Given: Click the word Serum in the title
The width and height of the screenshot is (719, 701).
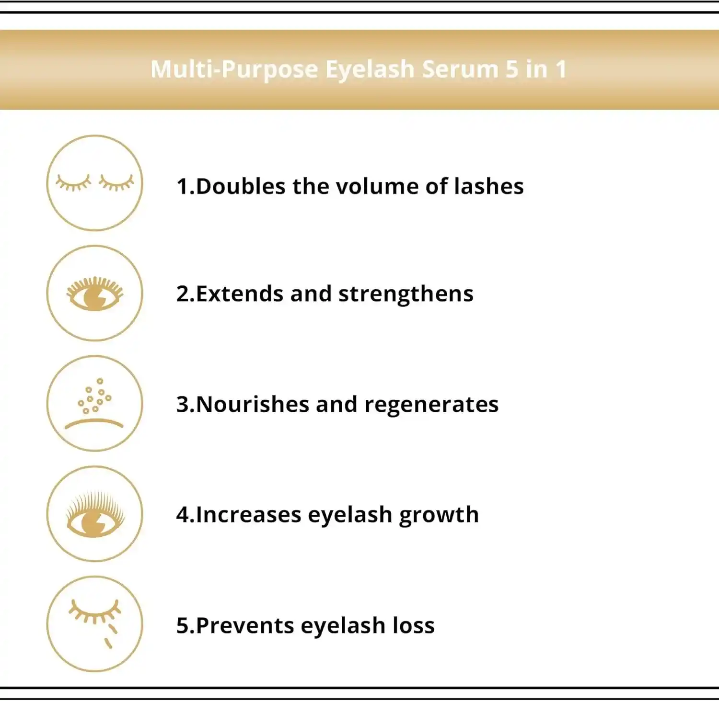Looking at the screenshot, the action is point(461,69).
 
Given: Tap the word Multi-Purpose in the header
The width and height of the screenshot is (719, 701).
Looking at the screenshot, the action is point(234,70).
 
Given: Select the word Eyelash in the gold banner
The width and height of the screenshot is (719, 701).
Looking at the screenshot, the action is point(370,70).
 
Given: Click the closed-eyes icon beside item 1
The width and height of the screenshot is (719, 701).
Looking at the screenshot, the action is point(95,183).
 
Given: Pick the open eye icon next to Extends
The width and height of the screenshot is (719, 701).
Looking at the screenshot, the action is point(95,293).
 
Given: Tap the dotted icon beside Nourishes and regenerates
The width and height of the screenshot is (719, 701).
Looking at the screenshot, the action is point(95,403).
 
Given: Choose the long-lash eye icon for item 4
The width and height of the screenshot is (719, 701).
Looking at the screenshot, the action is point(95,513).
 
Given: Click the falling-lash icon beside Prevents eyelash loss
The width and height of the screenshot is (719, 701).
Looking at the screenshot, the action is point(95,624).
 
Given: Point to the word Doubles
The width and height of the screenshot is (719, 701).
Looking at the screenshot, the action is point(241,186).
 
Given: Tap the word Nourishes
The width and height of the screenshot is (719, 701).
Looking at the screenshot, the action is point(253,404).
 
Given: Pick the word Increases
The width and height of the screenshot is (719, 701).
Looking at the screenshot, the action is point(248,515).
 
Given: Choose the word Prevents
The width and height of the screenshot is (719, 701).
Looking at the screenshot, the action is point(245,626).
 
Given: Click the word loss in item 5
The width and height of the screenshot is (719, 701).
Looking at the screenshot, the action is point(414,625).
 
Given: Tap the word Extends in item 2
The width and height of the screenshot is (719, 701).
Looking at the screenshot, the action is point(240,294).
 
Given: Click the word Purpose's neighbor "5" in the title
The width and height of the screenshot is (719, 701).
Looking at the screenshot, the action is point(512,69).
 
